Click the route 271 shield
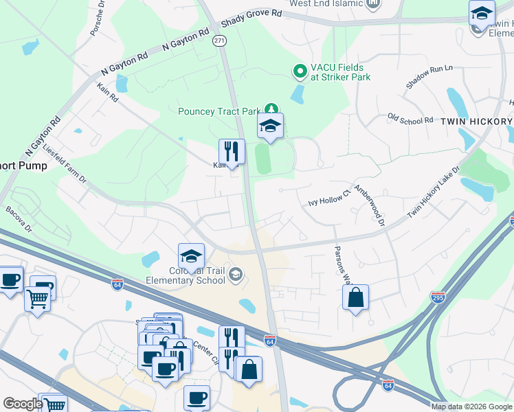tap(219, 41)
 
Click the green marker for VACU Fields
tap(300, 70)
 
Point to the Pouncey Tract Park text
tap(219, 111)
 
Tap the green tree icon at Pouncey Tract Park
tap(273, 108)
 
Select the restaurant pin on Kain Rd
tap(232, 152)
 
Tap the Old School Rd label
tap(410, 119)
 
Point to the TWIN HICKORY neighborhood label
tap(476, 122)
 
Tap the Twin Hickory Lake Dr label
tap(434, 193)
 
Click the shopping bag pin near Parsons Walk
tap(355, 298)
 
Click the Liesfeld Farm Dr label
tap(65, 163)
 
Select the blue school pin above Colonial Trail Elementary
tap(191, 256)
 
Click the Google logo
tap(22, 404)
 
